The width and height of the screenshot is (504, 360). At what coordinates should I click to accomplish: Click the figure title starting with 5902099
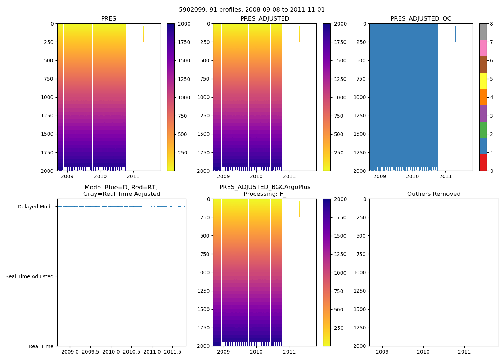[x=252, y=10]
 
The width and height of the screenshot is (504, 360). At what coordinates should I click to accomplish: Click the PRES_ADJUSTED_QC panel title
[x=421, y=19]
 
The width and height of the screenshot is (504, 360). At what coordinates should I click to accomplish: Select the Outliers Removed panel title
[x=434, y=194]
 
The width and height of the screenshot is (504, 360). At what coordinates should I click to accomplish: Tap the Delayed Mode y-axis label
[x=35, y=207]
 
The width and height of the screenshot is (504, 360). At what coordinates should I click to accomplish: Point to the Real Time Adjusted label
[x=30, y=276]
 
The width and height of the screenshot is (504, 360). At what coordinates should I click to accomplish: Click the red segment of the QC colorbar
[x=483, y=163]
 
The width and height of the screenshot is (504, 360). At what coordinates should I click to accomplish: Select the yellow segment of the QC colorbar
[x=483, y=81]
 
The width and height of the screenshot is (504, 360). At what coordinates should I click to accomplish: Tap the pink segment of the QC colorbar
[x=483, y=48]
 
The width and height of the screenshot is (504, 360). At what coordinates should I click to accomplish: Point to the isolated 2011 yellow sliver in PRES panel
[x=143, y=34]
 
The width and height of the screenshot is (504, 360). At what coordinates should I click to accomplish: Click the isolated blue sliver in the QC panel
[x=455, y=34]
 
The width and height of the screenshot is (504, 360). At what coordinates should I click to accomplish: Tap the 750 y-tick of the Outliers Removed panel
[x=361, y=254]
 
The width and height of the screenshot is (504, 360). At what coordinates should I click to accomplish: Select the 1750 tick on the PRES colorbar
[x=184, y=42]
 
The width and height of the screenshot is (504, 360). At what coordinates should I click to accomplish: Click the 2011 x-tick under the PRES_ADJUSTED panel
[x=289, y=176]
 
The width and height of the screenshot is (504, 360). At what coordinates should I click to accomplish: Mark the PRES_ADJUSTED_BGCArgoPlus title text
[x=265, y=187]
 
